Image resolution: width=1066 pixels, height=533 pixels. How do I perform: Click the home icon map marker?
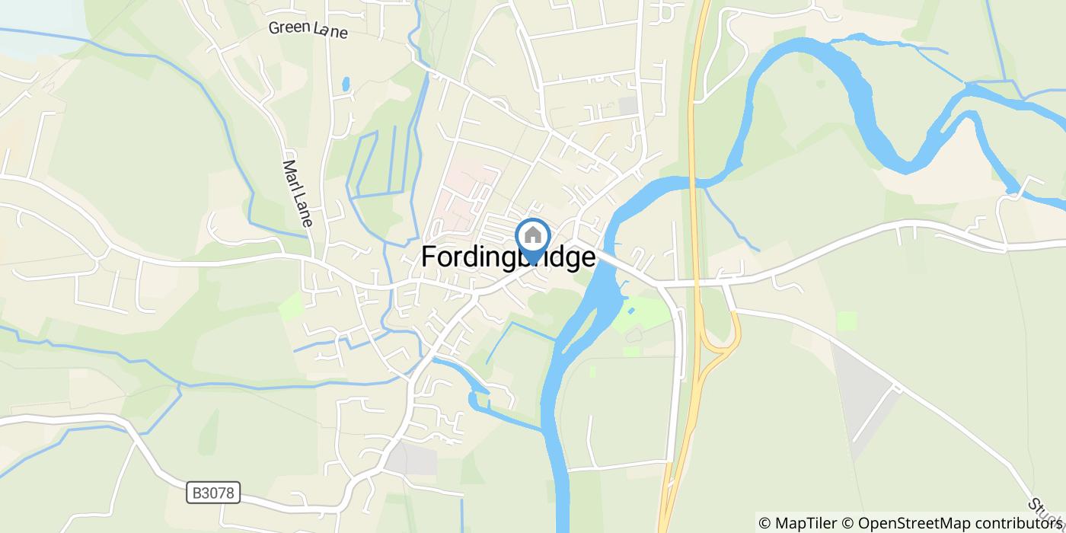533,237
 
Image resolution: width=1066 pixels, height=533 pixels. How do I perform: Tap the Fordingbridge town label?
508,257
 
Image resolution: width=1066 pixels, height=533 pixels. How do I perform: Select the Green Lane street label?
308,29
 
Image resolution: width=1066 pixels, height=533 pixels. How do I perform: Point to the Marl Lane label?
298,193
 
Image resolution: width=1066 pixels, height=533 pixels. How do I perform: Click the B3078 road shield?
213,493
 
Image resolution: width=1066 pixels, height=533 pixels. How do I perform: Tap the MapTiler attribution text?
797,522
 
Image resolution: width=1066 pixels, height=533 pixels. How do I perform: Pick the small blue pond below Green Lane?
346,83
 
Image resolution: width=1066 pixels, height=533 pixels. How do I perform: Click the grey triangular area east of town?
864,396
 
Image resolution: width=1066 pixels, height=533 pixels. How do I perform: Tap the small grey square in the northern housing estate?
628,106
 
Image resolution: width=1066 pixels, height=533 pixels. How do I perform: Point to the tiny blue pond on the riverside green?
631,310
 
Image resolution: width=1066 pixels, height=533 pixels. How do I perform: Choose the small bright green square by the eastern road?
846,321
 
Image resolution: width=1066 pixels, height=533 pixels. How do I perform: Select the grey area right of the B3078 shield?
411,458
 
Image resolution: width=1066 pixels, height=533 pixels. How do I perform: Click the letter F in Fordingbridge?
429,257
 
